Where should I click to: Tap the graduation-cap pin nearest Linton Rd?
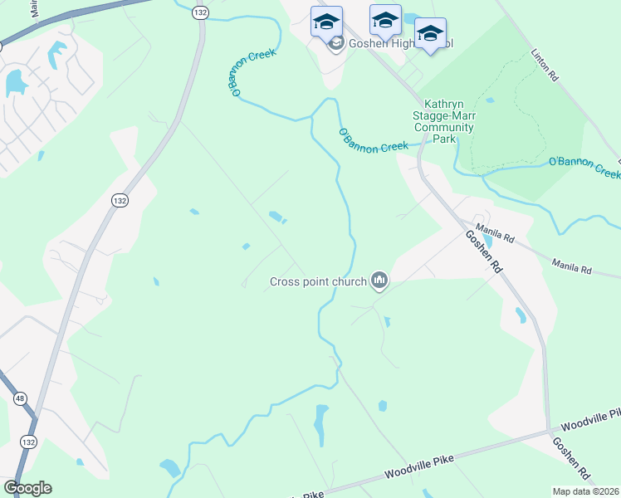tap(429, 35)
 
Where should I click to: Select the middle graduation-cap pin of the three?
tap(385, 22)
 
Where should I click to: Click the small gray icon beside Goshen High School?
tap(335, 44)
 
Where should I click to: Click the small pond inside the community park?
tap(489, 100)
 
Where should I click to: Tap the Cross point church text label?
tap(318, 281)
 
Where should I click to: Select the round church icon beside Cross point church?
tap(380, 281)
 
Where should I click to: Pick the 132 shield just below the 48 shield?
tap(29, 441)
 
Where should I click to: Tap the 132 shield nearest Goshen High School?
tap(199, 13)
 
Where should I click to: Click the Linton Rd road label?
tap(545, 65)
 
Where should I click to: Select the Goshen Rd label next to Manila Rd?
tap(484, 251)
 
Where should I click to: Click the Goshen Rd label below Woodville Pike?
tap(572, 461)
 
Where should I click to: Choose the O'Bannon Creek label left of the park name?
tap(374, 142)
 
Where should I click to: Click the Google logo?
tap(27, 488)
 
